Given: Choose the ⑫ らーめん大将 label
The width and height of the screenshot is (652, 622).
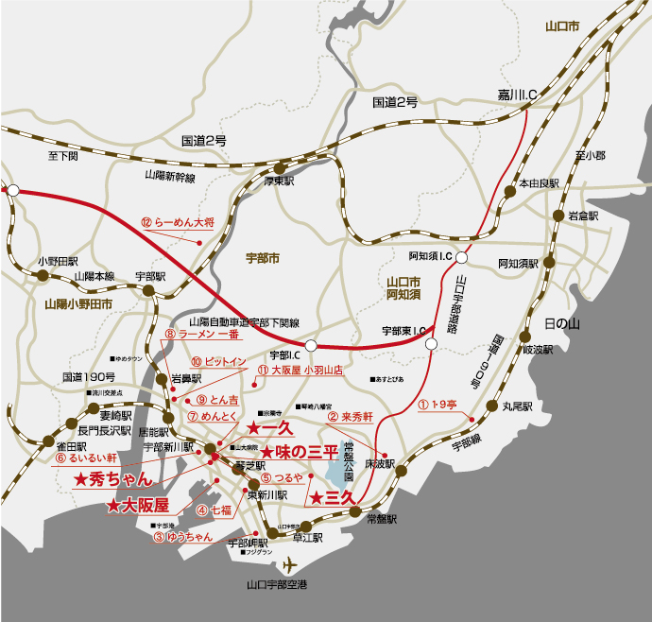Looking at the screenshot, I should click(x=178, y=223).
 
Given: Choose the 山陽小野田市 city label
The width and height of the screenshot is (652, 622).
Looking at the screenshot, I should click(x=77, y=304).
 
